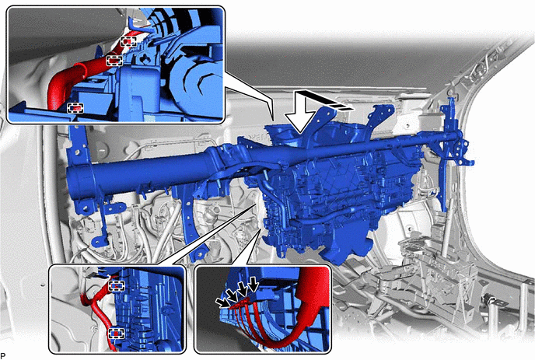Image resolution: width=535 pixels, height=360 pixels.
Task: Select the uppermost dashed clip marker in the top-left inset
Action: pyautogui.click(x=128, y=42)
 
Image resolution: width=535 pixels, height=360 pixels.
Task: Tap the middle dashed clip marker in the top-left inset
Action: pyautogui.click(x=114, y=61)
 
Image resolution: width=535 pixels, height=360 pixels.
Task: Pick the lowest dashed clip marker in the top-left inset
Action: pyautogui.click(x=75, y=108)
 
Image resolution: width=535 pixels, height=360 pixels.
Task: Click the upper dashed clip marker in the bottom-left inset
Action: pyautogui.click(x=117, y=285)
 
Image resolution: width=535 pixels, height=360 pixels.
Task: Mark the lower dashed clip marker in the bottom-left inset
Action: pyautogui.click(x=117, y=334)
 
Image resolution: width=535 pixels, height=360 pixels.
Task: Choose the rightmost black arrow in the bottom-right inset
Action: pyautogui.click(x=253, y=285)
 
